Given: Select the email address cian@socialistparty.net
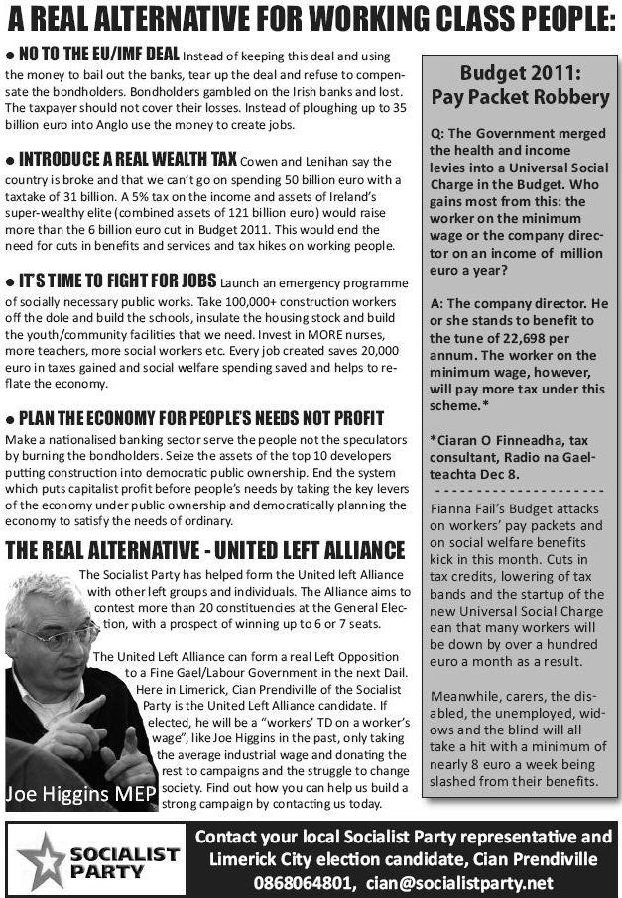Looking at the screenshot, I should pos(459,882).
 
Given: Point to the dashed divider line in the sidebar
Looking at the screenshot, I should pos(520,492).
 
